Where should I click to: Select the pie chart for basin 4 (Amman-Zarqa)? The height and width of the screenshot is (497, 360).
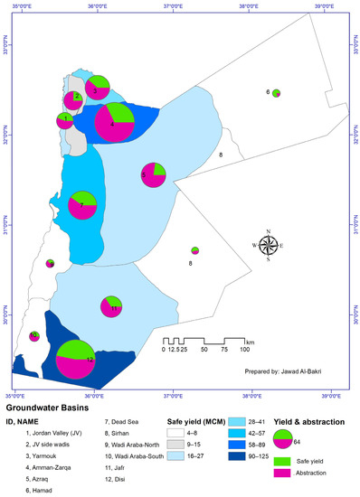point(117,124)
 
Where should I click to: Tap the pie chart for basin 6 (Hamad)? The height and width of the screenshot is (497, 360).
point(276,92)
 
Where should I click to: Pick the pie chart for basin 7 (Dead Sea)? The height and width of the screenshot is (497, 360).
point(83,206)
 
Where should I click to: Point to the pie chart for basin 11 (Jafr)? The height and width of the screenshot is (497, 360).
point(113,307)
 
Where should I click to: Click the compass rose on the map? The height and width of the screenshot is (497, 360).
point(270,246)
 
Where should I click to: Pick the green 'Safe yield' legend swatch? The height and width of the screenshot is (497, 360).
point(280,460)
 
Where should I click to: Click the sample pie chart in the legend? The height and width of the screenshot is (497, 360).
point(281,437)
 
